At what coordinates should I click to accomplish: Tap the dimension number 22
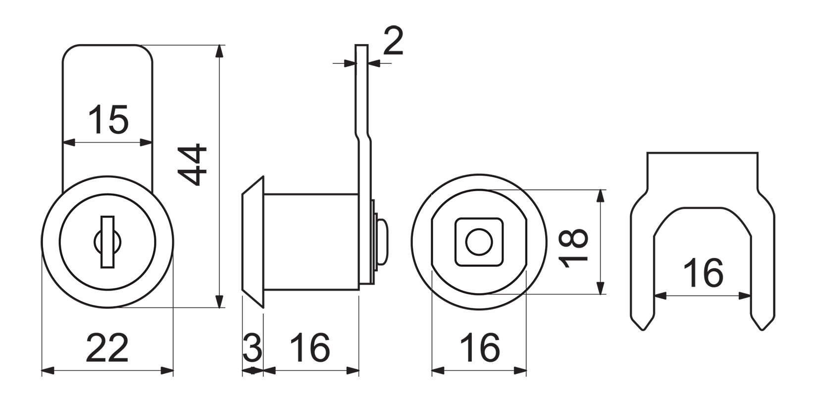107,348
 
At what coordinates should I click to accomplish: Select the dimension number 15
108,119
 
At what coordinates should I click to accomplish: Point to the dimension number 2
394,41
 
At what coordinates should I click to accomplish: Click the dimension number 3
253,348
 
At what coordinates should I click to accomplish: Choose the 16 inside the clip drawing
703,273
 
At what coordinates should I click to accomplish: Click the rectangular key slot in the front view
107,242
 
